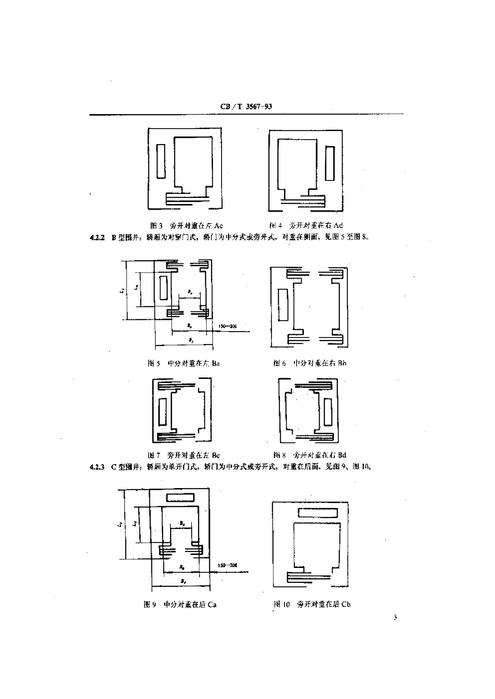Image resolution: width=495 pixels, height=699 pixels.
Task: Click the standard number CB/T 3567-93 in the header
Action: pyautogui.click(x=247, y=107)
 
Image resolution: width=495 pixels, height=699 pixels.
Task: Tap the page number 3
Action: pyautogui.click(x=395, y=618)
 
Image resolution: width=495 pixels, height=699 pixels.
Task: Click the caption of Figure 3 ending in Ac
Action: pyautogui.click(x=186, y=225)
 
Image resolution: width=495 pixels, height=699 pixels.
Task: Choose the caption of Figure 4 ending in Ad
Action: pyautogui.click(x=305, y=225)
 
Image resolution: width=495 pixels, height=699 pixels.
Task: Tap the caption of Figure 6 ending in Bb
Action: pyautogui.click(x=310, y=363)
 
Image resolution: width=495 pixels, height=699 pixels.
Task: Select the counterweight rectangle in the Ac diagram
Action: pyautogui.click(x=161, y=161)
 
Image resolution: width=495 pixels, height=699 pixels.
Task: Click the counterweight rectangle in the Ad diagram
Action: pyautogui.click(x=330, y=163)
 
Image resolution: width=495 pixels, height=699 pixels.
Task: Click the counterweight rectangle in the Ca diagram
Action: pyautogui.click(x=185, y=496)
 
